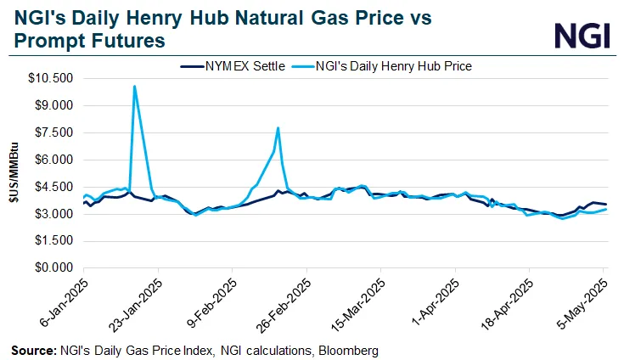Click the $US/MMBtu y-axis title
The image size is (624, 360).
(13, 174)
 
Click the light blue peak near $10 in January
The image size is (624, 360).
(134, 87)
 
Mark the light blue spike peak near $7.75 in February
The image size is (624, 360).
(278, 128)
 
